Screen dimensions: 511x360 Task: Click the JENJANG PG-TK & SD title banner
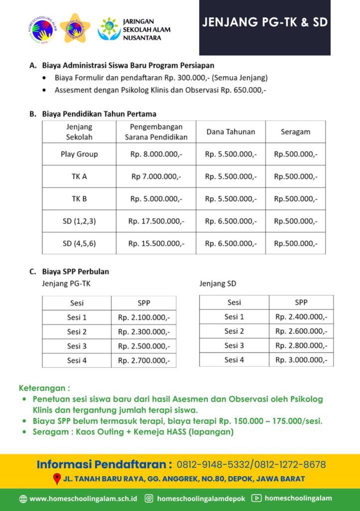pos(265,23)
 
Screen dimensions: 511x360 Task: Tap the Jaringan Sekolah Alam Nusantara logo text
pos(146,29)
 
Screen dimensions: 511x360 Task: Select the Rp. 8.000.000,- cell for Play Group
pos(156,154)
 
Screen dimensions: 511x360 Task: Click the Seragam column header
pos(295,132)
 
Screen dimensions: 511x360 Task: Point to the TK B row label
pos(79,199)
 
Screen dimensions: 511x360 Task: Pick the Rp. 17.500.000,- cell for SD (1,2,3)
pos(156,221)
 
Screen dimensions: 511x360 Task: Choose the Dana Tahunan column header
pos(230,132)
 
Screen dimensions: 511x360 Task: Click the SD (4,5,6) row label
pos(79,243)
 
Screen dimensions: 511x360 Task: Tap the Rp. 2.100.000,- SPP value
pos(144,317)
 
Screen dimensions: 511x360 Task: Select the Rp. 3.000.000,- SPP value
pos(301,359)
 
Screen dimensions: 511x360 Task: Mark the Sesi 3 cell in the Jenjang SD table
pos(234,345)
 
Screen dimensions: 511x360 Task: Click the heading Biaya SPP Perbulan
pos(75,272)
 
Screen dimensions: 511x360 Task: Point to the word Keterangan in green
pos(43,388)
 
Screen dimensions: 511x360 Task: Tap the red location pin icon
pos(57,479)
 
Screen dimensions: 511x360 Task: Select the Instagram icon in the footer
pos(149,498)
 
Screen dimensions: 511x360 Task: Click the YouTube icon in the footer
pos(256,498)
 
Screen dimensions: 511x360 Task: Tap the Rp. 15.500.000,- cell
pos(156,243)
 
